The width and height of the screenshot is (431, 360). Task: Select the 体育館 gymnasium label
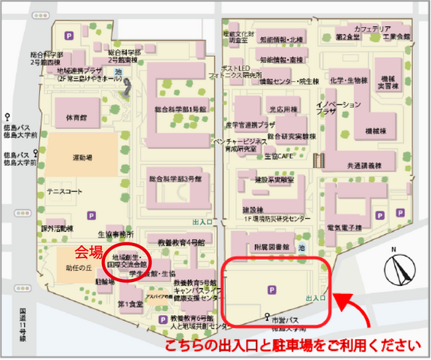(76, 118)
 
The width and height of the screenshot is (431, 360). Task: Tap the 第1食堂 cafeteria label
(130, 304)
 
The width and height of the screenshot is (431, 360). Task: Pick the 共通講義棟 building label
(365, 165)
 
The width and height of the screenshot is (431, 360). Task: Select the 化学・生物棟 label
(347, 80)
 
